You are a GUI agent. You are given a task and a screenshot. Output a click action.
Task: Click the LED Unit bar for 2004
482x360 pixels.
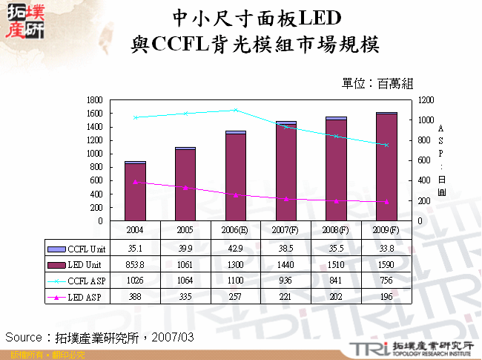[x=135, y=192]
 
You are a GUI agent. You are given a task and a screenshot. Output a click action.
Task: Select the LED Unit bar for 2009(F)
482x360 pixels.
[x=386, y=167]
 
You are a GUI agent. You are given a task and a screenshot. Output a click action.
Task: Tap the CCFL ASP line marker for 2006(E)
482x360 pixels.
[x=235, y=110]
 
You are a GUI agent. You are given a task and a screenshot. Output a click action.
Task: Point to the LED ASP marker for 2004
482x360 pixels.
[x=135, y=182]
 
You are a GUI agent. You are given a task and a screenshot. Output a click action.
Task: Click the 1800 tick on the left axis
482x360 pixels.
[x=93, y=99]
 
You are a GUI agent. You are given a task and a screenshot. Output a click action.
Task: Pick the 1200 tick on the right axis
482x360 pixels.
[x=424, y=99]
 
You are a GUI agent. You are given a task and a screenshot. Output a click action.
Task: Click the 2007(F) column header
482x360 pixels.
[x=285, y=230]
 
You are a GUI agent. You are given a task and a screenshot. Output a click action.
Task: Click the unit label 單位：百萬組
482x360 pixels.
[x=377, y=84]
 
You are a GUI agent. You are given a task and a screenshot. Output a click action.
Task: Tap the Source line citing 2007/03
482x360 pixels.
[x=100, y=337]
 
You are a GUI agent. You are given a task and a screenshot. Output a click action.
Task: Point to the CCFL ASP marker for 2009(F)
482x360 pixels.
[x=386, y=145]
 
